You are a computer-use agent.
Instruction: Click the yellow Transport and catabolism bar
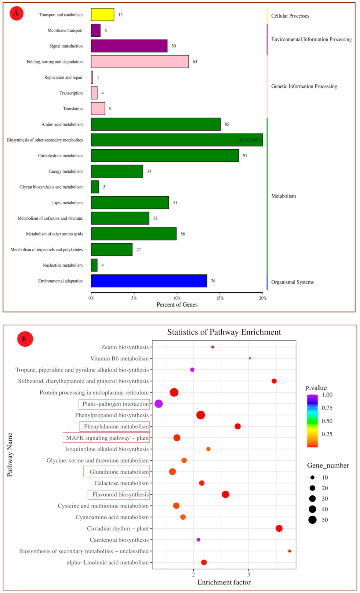(x=102, y=15)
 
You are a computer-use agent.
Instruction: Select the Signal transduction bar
(x=129, y=46)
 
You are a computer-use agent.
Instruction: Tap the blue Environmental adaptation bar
(x=149, y=281)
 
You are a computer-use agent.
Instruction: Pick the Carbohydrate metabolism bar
(x=165, y=155)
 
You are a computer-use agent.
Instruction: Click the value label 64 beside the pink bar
(x=195, y=62)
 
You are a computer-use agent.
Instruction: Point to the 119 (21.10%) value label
(x=248, y=140)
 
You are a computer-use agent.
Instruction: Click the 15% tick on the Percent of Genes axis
(x=220, y=298)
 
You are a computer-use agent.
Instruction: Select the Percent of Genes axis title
(x=177, y=305)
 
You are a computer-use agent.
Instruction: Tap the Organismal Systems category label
(x=292, y=282)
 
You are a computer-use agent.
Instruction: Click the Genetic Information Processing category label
(x=304, y=87)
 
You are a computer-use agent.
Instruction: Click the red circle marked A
(x=16, y=14)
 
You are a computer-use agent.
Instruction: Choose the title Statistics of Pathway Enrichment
(x=224, y=332)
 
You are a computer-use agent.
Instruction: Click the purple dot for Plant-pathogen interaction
(x=159, y=404)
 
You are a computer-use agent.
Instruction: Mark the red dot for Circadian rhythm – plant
(x=279, y=528)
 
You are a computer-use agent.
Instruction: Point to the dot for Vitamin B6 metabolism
(x=250, y=358)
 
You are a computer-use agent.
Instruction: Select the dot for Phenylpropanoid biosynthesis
(x=200, y=415)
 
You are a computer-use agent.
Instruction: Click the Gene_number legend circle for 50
(x=312, y=520)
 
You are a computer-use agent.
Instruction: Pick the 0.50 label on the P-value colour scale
(x=327, y=421)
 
